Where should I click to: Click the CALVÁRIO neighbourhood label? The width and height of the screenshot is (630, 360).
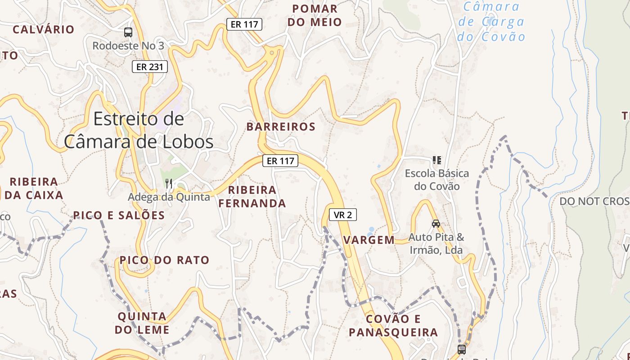point(44,30)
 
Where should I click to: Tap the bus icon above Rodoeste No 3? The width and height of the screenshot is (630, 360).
point(128,32)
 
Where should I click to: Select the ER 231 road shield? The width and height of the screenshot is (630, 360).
point(150,67)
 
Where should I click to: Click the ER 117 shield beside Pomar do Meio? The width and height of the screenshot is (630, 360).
point(244,24)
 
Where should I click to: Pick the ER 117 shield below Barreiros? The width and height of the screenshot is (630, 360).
point(280,161)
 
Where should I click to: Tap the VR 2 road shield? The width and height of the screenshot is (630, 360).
point(343,215)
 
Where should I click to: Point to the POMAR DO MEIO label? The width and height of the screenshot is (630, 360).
point(315,15)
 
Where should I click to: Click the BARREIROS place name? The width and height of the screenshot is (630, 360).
point(281,127)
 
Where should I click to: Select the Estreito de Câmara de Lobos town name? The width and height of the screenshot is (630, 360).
point(139,130)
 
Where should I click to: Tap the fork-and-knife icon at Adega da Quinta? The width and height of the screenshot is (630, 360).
point(169,183)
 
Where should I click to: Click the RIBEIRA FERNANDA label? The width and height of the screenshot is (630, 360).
point(252,197)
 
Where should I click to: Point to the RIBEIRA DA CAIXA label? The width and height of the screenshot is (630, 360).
point(34,189)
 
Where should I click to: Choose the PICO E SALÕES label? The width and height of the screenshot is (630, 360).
point(119,216)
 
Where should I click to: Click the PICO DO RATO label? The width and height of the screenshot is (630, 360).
point(164,260)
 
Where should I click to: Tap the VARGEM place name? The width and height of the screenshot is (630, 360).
point(369,240)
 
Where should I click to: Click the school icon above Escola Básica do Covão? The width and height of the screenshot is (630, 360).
point(436,160)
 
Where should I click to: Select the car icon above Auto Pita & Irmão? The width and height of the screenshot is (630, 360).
point(436,224)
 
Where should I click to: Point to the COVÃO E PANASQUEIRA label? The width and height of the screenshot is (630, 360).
point(393,326)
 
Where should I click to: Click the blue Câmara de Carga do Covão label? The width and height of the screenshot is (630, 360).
point(491,22)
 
